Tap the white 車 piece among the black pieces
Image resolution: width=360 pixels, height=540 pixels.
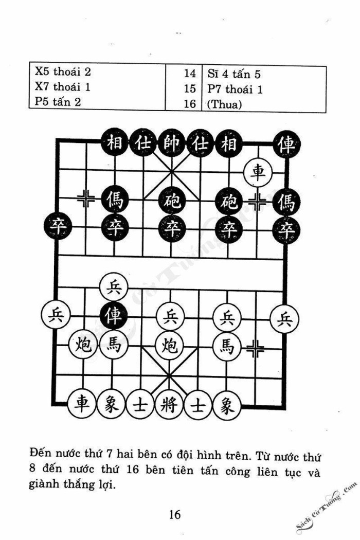258,171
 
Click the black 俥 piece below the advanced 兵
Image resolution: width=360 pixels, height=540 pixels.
113,315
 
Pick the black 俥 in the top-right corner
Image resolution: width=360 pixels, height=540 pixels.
286,144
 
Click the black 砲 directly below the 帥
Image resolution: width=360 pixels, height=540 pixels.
171,200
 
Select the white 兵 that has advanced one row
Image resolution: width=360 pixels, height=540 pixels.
113,286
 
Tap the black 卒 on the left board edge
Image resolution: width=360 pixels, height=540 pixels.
58,227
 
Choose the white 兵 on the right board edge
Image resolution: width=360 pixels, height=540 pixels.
284,319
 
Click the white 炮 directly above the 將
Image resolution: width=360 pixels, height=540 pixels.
170,346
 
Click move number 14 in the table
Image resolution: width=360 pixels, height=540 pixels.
189,74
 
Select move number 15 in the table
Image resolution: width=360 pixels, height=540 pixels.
189,88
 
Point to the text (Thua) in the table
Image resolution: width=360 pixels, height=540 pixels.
224,104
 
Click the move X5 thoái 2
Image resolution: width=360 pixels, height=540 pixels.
63,71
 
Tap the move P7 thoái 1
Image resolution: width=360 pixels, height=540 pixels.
235,89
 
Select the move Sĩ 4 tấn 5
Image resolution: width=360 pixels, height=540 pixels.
234,74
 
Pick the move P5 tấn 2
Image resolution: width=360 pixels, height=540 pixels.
58,102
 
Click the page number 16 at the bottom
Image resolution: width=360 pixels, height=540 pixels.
175,514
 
